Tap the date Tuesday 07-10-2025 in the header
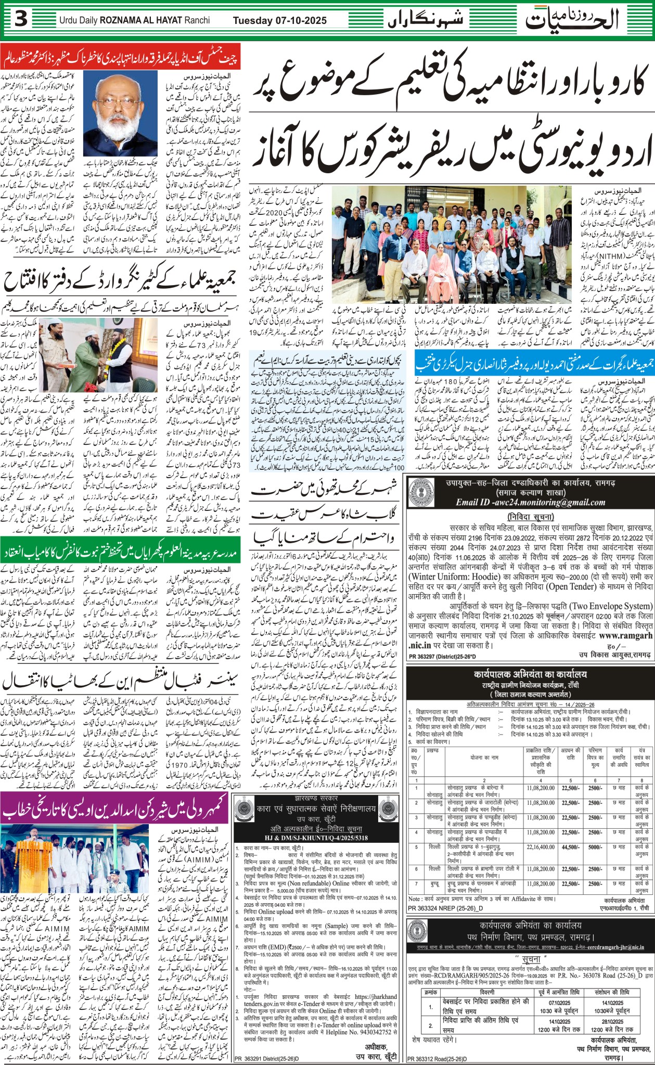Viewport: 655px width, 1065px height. coord(279,21)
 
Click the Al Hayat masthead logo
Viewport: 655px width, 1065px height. coord(572,20)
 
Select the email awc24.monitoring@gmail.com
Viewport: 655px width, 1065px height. coord(531,502)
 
